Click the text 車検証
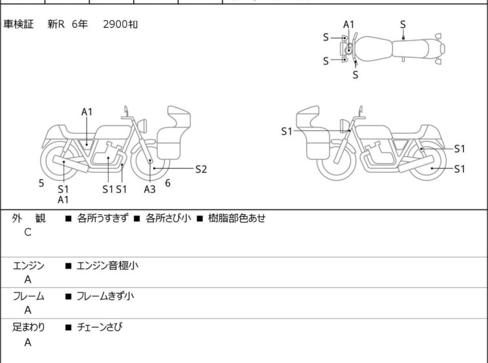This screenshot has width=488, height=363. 19,25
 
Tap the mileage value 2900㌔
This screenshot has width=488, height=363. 120,25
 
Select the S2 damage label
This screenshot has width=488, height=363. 201,170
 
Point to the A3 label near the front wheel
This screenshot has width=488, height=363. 149,189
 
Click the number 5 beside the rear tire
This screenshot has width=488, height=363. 41,183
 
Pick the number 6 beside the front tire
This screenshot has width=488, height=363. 167,183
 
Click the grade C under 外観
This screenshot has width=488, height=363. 28,232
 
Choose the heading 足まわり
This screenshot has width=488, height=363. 29,327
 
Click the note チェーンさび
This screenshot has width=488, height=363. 100,327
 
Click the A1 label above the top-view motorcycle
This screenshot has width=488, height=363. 348,25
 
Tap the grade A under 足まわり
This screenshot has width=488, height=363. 28,343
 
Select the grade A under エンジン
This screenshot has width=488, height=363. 28,280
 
